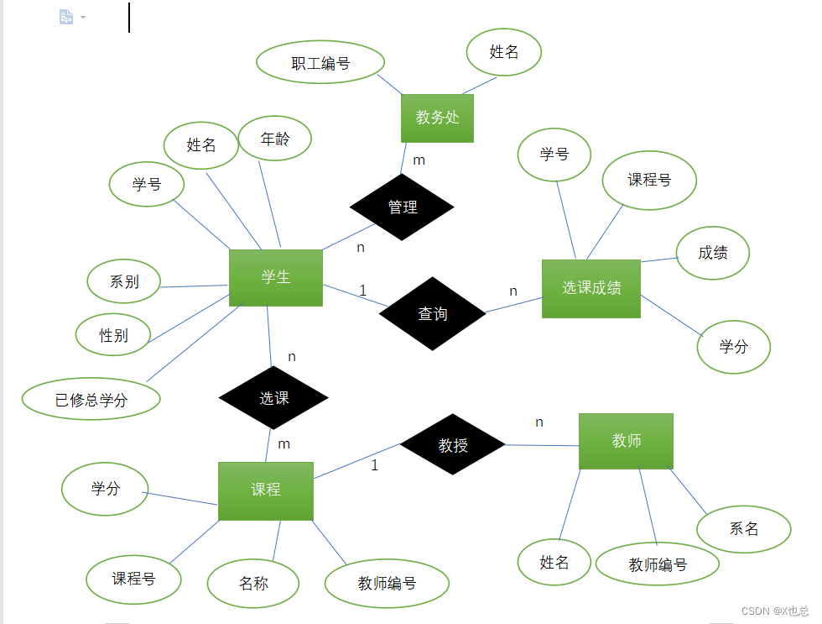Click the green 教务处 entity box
(437, 118)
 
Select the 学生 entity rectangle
(276, 277)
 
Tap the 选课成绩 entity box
(591, 288)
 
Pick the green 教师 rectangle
(626, 441)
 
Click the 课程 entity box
(266, 490)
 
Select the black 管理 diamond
(403, 207)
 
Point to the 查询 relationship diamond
(432, 313)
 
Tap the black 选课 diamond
(273, 398)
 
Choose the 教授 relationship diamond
(453, 445)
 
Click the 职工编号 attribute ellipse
(320, 63)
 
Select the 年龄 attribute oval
(275, 139)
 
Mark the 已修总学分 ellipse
(91, 401)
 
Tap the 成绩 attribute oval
(713, 252)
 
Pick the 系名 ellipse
(744, 529)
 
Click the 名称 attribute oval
(253, 583)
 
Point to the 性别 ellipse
(113, 335)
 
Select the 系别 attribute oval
(124, 282)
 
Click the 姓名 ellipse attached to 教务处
(504, 52)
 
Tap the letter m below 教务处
(419, 160)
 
